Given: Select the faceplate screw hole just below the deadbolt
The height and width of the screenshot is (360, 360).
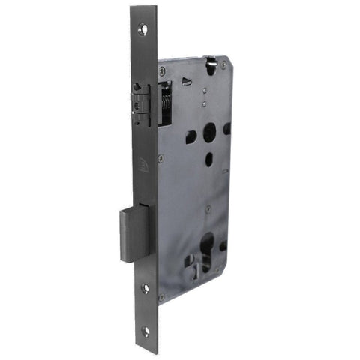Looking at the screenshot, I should [x=145, y=287].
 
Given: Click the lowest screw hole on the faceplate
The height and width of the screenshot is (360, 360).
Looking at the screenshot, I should [x=146, y=330].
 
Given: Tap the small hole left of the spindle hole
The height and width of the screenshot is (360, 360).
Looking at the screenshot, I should [x=191, y=137].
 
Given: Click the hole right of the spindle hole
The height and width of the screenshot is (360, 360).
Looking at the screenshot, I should [x=226, y=128].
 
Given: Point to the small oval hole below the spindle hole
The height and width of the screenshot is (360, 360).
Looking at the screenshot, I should [x=209, y=159].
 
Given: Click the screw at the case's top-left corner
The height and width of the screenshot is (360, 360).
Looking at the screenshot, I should [x=162, y=70].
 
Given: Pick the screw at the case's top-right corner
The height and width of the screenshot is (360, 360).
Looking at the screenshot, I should [x=226, y=64].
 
